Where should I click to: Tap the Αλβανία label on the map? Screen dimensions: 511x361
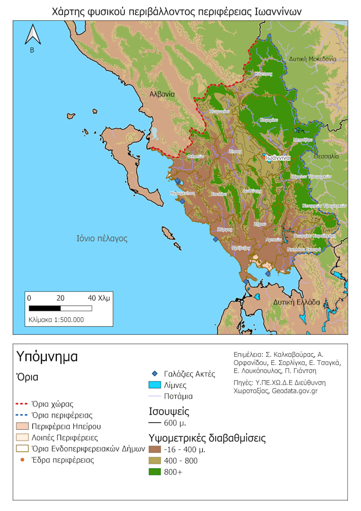(x=162, y=93)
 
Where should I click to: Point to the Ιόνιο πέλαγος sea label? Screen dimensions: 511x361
(x=101, y=239)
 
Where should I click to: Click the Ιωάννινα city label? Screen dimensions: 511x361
(x=277, y=158)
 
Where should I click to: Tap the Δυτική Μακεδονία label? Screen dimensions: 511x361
(x=312, y=59)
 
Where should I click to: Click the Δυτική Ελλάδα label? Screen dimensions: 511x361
(x=297, y=302)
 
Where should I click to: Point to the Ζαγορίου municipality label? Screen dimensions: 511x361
(x=269, y=121)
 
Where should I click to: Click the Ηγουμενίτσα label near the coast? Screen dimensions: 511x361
(x=182, y=193)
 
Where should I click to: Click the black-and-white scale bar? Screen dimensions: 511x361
(x=60, y=308)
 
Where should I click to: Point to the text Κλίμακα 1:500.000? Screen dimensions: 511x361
(x=56, y=320)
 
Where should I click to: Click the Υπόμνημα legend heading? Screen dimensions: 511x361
(x=47, y=356)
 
